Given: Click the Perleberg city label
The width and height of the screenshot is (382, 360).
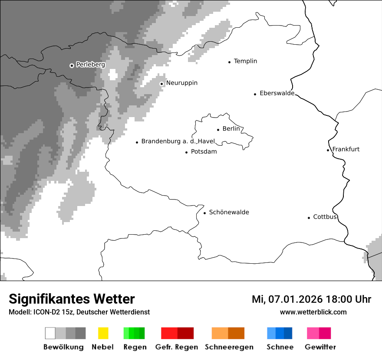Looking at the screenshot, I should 90,65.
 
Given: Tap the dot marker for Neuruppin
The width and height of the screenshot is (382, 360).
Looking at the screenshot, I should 161,84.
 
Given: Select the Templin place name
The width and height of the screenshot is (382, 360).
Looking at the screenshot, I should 245,61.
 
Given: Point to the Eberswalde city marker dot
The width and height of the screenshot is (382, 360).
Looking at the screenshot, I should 255,94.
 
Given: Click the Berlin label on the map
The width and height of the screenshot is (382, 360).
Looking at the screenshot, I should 231,129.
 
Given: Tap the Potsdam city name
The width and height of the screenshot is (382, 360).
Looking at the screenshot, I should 204,152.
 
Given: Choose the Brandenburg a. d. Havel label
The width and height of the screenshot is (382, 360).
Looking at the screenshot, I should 178,141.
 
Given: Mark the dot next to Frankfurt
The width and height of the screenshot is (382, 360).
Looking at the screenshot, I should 328,150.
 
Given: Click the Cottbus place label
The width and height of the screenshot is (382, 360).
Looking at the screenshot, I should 325,217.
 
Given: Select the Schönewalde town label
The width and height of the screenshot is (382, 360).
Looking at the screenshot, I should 229,212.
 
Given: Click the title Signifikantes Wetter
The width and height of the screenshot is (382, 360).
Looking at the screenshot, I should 72,299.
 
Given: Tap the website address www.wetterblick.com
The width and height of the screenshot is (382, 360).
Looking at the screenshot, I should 313,312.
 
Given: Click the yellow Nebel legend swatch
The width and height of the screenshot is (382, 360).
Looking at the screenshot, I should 103,333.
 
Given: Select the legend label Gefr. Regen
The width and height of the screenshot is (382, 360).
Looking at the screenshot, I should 176,347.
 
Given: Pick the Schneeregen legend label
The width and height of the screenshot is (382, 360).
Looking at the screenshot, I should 229,347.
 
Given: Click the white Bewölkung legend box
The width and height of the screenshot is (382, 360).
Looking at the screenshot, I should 50,333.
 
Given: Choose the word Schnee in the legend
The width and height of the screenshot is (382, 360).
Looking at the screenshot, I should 280,347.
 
